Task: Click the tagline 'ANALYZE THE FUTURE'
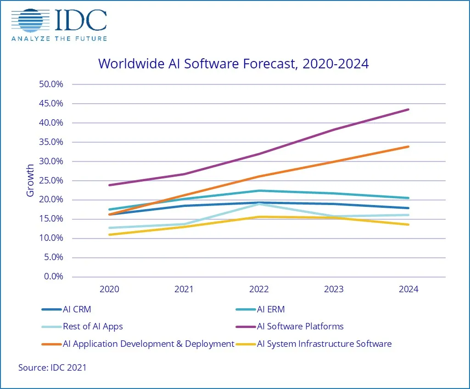pyautogui.click(x=59, y=39)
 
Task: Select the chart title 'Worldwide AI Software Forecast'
pyautogui.click(x=233, y=63)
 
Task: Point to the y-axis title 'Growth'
pyautogui.click(x=30, y=180)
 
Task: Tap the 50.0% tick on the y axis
pyautogui.click(x=50, y=84)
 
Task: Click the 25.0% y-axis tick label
pyautogui.click(x=50, y=181)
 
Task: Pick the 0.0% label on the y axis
pyautogui.click(x=52, y=277)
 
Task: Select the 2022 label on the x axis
pyautogui.click(x=259, y=289)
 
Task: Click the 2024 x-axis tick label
pyautogui.click(x=408, y=289)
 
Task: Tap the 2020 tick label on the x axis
pyautogui.click(x=109, y=289)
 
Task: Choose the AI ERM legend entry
pyautogui.click(x=270, y=309)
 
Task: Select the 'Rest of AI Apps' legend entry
pyautogui.click(x=93, y=327)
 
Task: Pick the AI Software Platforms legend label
pyautogui.click(x=300, y=327)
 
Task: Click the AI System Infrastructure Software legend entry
pyautogui.click(x=324, y=344)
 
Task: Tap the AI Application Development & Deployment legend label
pyautogui.click(x=148, y=344)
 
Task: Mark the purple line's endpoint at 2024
pyautogui.click(x=408, y=110)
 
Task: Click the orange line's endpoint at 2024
pyautogui.click(x=408, y=147)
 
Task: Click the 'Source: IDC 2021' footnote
pyautogui.click(x=52, y=367)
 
